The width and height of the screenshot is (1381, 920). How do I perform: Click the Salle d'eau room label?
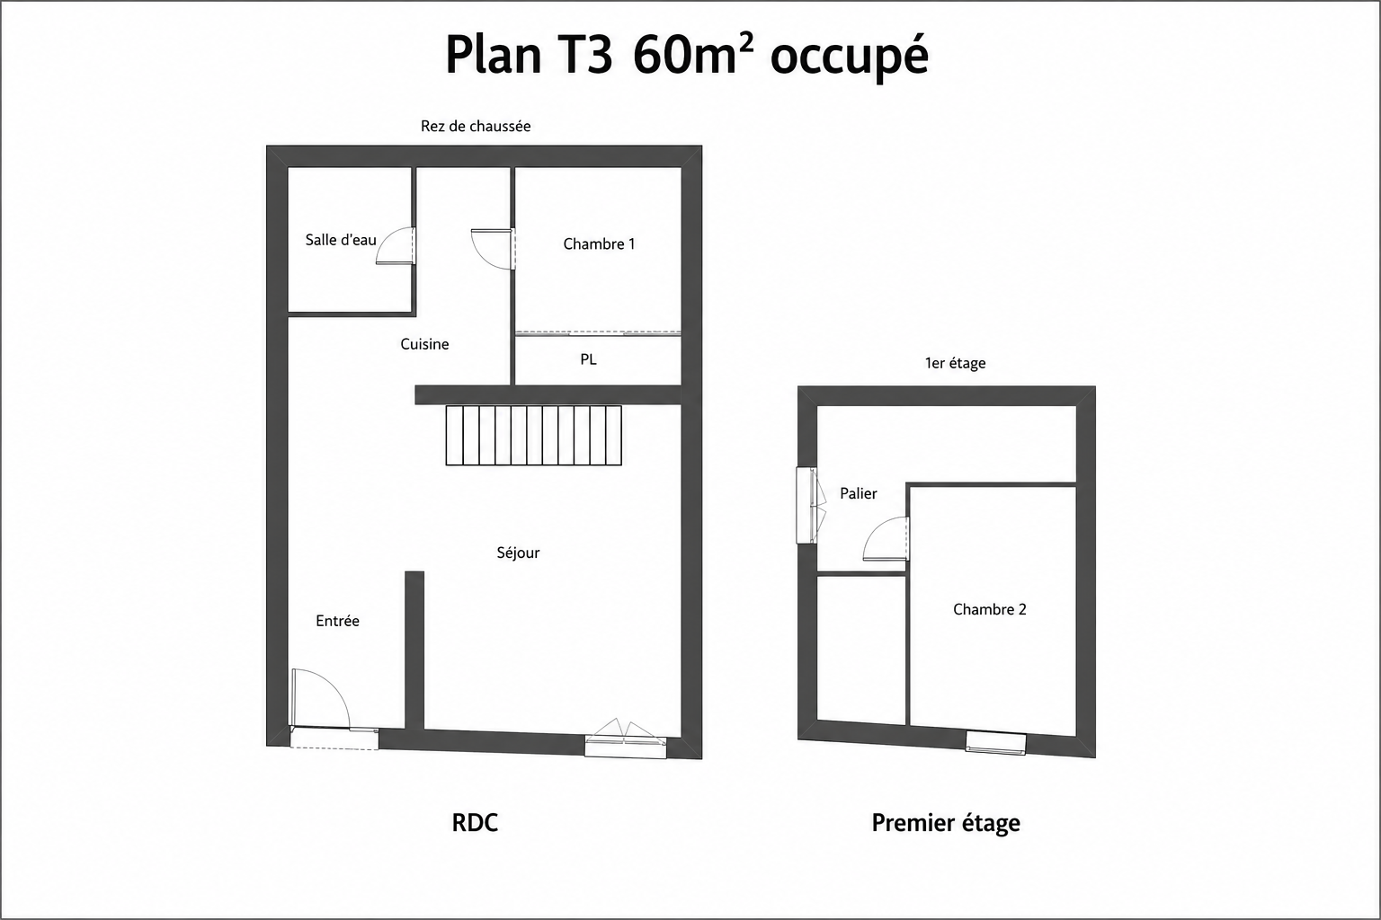341,240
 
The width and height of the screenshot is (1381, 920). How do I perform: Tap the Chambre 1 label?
599,244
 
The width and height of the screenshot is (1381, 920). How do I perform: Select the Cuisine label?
424,344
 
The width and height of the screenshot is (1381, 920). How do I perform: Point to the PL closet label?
588,359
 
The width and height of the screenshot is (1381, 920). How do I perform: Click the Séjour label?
518,553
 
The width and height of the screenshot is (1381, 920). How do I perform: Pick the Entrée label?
337,621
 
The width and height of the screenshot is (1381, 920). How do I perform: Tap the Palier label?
859,493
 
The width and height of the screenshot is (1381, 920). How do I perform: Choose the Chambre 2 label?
990,609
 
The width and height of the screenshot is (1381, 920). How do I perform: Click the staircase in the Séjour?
534,435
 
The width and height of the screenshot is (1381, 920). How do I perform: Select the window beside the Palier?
810,505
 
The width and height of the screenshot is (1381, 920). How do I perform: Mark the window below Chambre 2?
995,742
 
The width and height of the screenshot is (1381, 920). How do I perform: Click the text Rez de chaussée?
476,127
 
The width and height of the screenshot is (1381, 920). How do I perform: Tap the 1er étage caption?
955,363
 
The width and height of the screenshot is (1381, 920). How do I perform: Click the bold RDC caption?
475,823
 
